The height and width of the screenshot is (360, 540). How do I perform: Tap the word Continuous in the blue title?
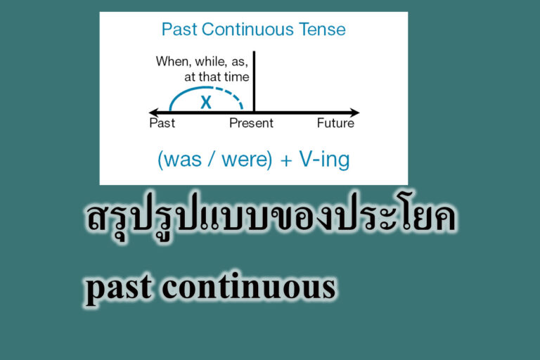[247, 30]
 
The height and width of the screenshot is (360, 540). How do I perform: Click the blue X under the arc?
[205, 102]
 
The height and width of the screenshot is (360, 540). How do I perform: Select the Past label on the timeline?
[162, 124]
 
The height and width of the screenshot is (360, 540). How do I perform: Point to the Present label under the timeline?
[251, 124]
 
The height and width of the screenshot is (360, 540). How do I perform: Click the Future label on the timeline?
[335, 124]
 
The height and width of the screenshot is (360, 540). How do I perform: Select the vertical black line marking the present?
[254, 81]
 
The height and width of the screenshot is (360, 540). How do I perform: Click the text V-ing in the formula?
[323, 160]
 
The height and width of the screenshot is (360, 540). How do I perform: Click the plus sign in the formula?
[285, 160]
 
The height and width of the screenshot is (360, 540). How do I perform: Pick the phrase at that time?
[217, 77]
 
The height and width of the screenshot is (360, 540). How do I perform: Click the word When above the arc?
[173, 62]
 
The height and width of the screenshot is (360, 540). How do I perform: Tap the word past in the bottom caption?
[115, 289]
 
